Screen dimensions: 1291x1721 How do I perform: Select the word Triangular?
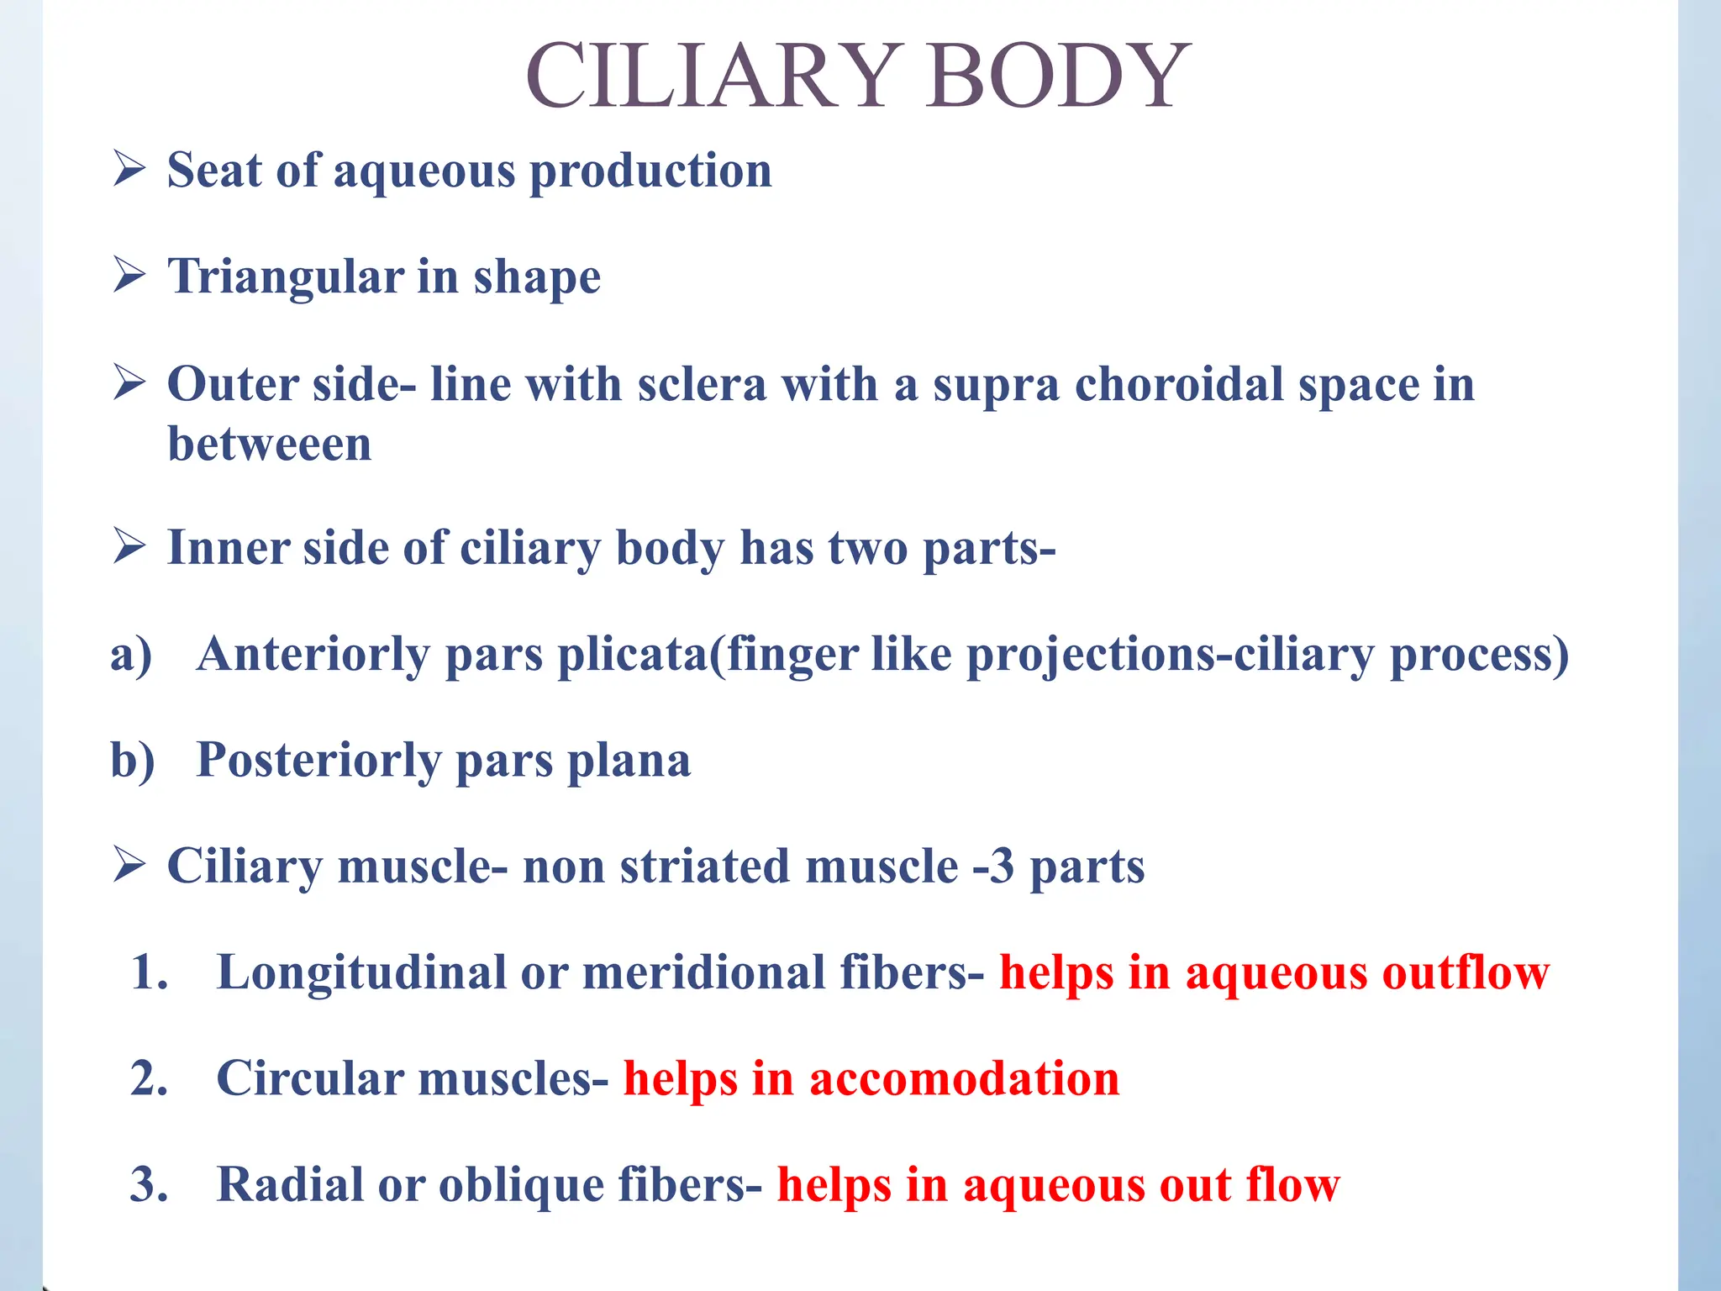pyautogui.click(x=286, y=277)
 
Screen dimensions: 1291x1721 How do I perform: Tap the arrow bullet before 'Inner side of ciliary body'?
pyautogui.click(x=129, y=547)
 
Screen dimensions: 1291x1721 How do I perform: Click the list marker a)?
pyautogui.click(x=131, y=654)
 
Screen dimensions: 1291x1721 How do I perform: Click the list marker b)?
pyautogui.click(x=133, y=760)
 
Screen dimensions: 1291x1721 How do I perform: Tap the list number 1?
pyautogui.click(x=150, y=972)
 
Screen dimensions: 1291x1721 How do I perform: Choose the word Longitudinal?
pyautogui.click(x=361, y=972)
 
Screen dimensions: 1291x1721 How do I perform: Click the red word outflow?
pyautogui.click(x=1466, y=972)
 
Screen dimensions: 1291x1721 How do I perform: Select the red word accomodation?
pyautogui.click(x=964, y=1078)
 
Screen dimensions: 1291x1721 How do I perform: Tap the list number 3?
pyautogui.click(x=150, y=1184)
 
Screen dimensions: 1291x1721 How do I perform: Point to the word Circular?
pyautogui.click(x=309, y=1078)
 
